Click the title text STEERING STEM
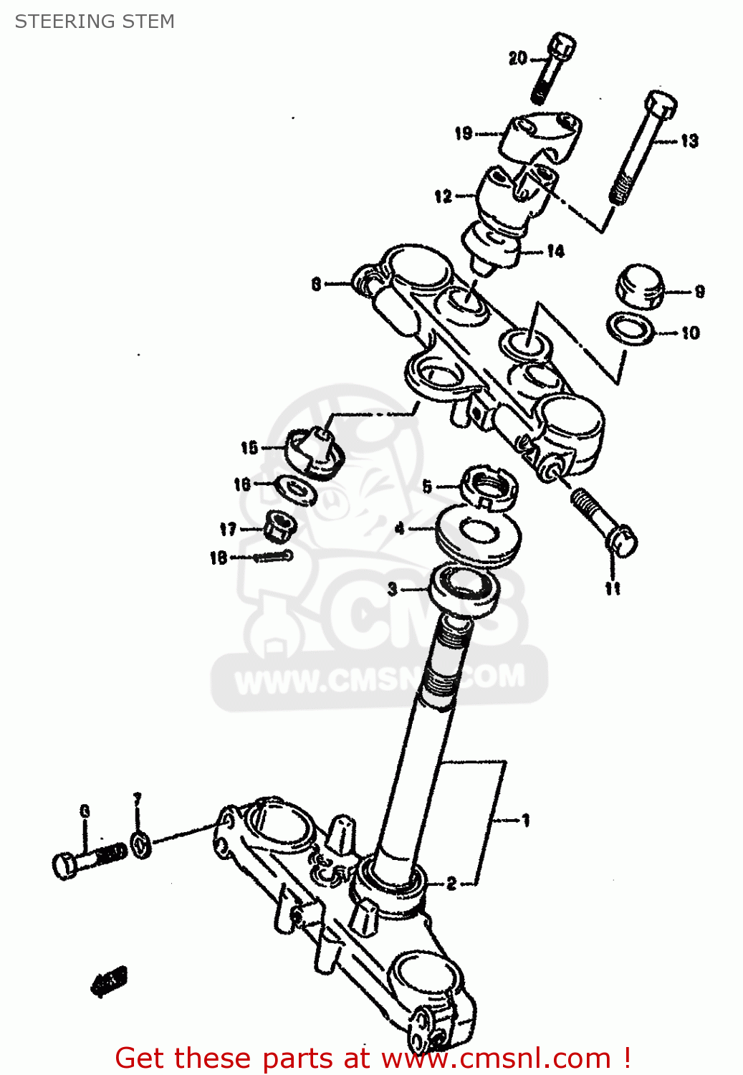tap(95, 21)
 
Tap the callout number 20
tap(517, 59)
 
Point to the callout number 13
tap(689, 140)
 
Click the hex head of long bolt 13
tap(660, 107)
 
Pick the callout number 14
tap(555, 251)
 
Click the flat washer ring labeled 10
tap(631, 328)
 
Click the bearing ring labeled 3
tap(464, 589)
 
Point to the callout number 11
tap(613, 588)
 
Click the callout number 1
tap(525, 820)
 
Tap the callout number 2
tap(451, 883)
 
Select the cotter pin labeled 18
tap(271, 556)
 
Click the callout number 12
tap(443, 196)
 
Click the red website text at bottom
tap(373, 1058)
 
